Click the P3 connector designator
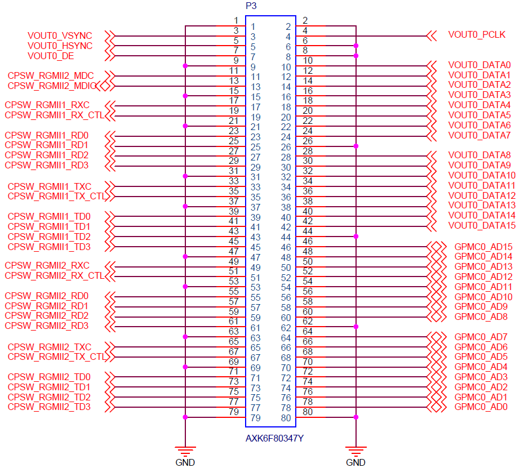[251, 6]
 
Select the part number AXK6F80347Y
[274, 439]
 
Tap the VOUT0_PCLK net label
[477, 35]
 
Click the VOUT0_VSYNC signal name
[60, 36]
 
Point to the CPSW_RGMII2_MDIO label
[52, 86]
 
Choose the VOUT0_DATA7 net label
[479, 136]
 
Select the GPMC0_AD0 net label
[481, 407]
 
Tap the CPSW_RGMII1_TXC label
[50, 186]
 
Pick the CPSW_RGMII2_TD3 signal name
[49, 407]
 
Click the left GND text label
[185, 463]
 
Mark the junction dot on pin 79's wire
[185, 417]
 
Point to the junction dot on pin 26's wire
[356, 146]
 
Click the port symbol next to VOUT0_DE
[110, 56]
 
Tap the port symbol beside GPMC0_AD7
[437, 337]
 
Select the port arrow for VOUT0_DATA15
[432, 227]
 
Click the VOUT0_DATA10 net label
[482, 176]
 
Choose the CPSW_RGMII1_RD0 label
[47, 136]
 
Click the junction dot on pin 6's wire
[356, 46]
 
